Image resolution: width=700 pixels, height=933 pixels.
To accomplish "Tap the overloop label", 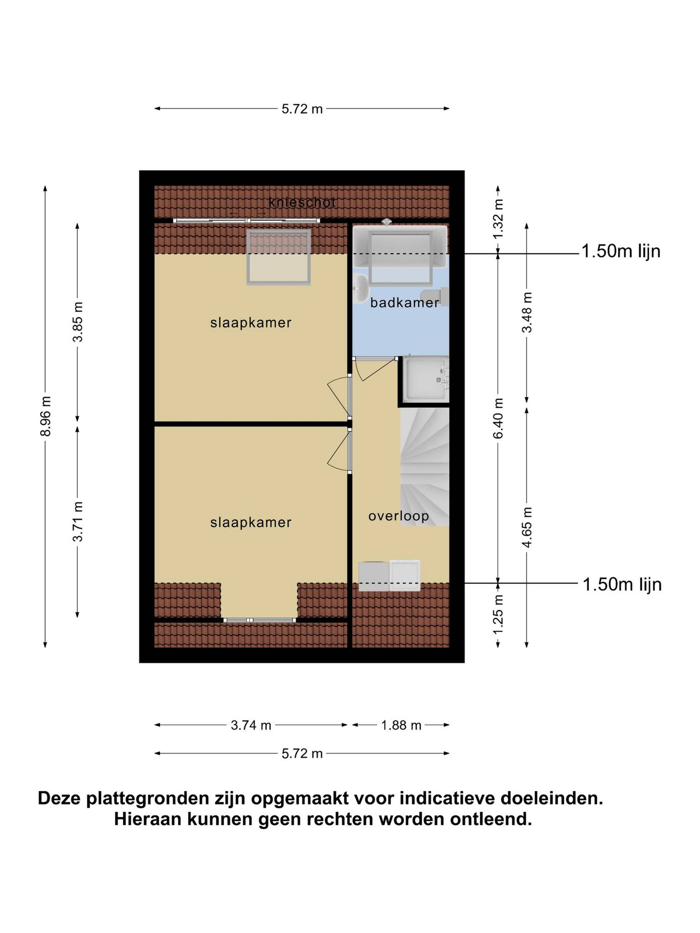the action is point(398,516).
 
